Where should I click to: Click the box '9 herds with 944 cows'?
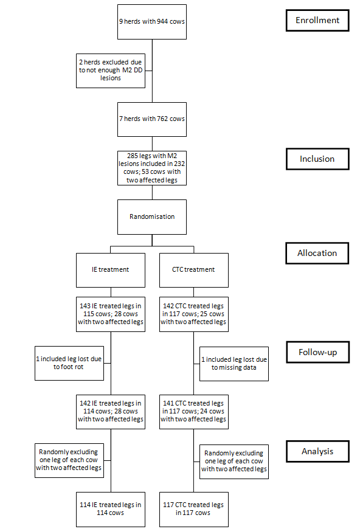click(152, 22)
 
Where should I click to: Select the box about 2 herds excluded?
click(111, 71)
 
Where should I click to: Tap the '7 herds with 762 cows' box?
click(152, 119)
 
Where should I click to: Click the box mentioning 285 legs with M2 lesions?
click(152, 168)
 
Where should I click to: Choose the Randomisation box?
click(152, 217)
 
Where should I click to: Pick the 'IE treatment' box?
click(111, 270)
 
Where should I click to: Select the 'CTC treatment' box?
click(194, 270)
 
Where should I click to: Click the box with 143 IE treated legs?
click(111, 314)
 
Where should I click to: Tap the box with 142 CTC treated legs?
click(194, 314)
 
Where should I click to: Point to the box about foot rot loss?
click(69, 363)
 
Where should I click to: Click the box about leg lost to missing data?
click(234, 364)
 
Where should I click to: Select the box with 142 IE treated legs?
click(111, 412)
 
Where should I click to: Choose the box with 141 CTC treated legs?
click(194, 412)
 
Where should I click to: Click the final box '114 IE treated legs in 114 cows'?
click(111, 509)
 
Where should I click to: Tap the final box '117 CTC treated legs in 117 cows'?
click(194, 509)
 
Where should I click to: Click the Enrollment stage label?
click(317, 20)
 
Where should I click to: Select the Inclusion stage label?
click(317, 159)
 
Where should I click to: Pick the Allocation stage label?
click(317, 253)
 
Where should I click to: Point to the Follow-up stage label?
click(318, 352)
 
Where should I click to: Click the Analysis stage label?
click(318, 451)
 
